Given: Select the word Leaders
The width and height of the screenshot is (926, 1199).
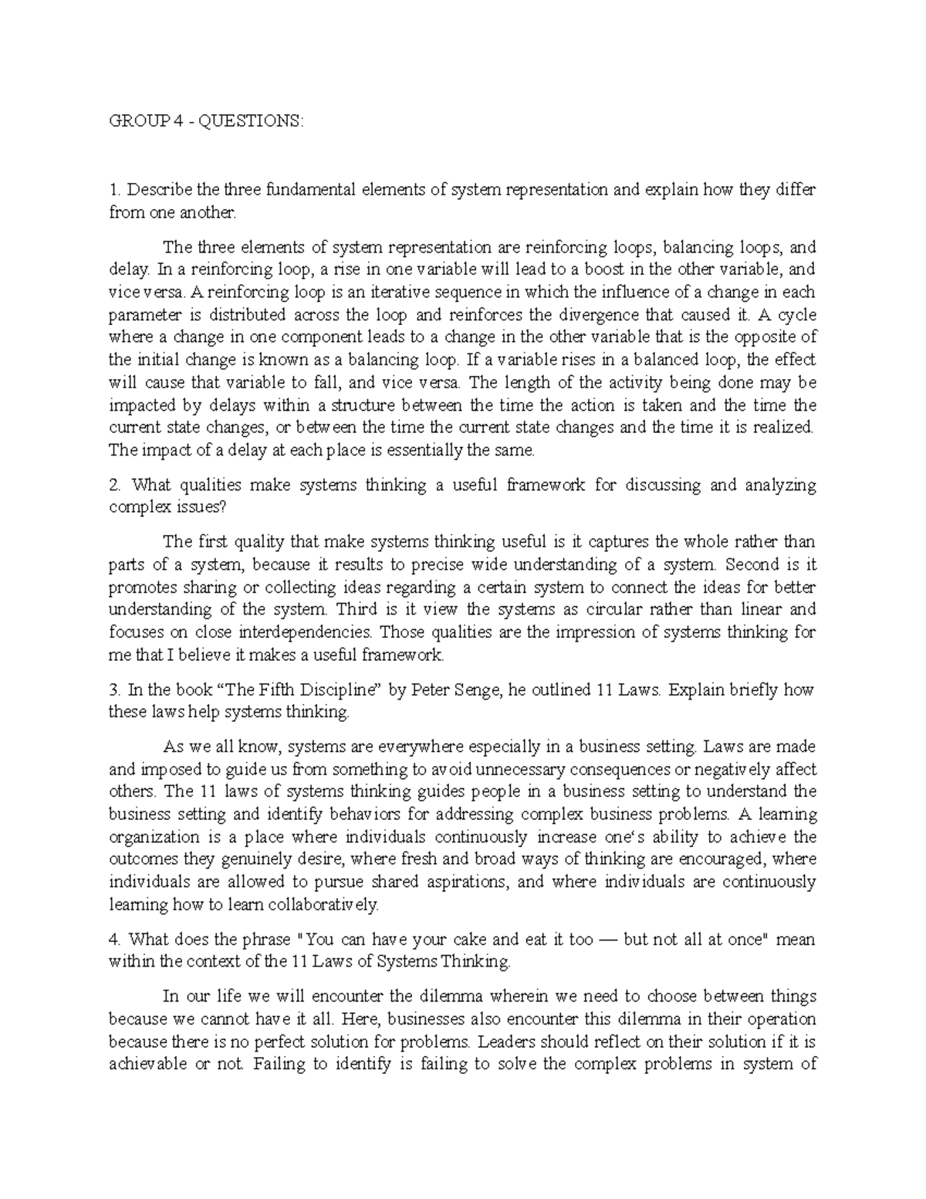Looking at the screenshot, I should point(504,1042).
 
